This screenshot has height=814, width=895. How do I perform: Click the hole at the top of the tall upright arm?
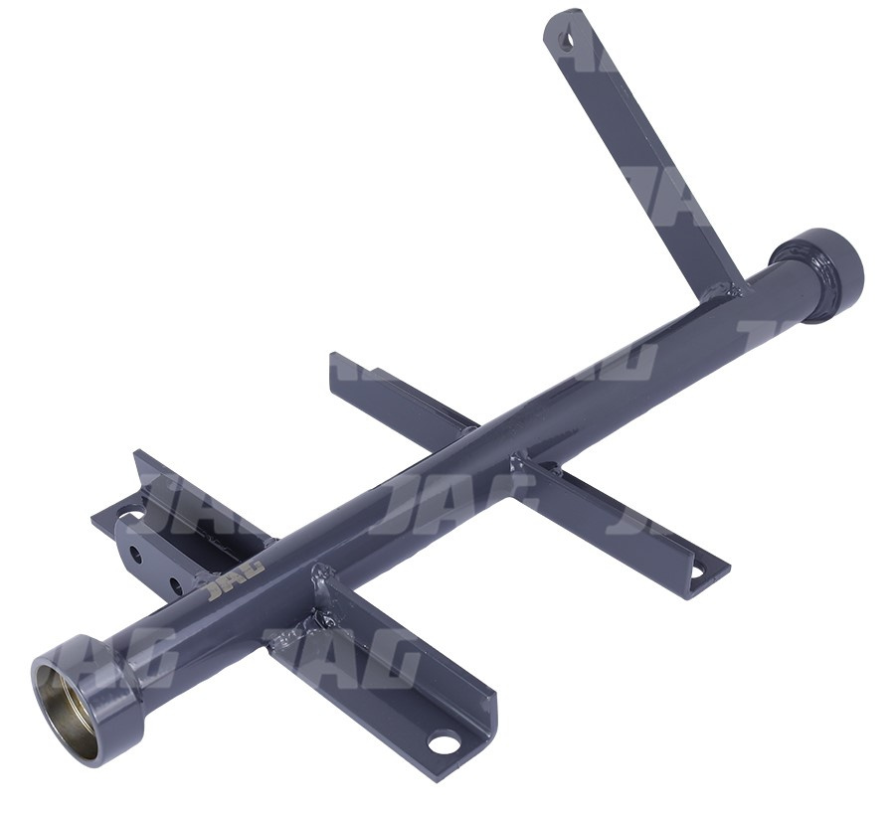[566, 40]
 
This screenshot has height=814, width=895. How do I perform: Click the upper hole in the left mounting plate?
[136, 554]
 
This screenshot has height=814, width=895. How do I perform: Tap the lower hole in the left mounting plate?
[176, 585]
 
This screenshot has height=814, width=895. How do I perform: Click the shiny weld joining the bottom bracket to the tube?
[318, 604]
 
